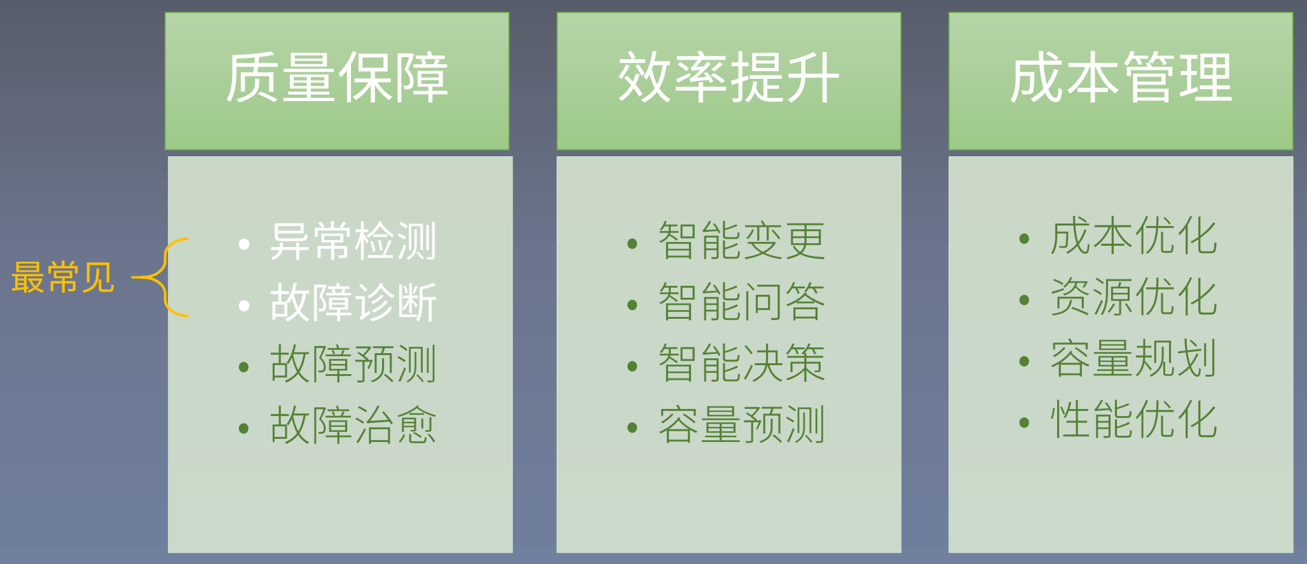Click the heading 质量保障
337,78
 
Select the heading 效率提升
729,78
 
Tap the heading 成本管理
1121,78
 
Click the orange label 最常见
62,278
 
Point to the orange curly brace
163,278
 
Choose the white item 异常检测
353,241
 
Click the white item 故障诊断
353,303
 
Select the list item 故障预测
353,364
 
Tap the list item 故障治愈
353,426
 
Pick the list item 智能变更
742,241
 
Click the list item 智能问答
742,302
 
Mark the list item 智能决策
742,364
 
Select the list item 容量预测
742,426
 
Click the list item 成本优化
1133,236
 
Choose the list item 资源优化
1133,297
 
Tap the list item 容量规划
1133,359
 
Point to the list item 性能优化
1133,420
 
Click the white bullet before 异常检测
243,244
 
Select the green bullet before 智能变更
632,244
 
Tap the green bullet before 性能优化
1023,422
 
